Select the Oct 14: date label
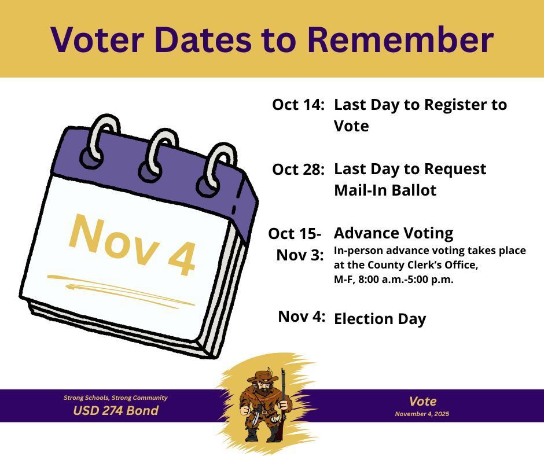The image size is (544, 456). tap(298, 105)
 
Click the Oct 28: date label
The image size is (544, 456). tap(298, 170)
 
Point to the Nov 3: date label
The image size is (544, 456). tap(300, 255)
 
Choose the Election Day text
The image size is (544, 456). tap(380, 319)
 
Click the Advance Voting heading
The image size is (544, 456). tap(394, 233)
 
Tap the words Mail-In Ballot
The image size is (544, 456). tap(385, 190)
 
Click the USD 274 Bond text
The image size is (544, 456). tap(115, 411)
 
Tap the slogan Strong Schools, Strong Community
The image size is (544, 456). tap(115, 398)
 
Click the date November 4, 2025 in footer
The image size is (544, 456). tap(422, 414)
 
